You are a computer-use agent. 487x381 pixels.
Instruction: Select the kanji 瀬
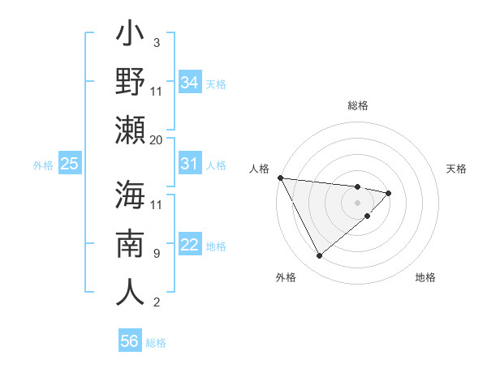tap(130, 131)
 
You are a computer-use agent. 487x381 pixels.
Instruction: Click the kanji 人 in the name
tap(130, 291)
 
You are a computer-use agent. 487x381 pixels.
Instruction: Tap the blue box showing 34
tap(190, 83)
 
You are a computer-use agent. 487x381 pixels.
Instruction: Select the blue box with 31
tap(190, 165)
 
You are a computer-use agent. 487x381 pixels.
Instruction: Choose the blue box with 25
tap(70, 165)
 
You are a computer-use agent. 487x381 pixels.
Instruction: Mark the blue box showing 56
tap(130, 342)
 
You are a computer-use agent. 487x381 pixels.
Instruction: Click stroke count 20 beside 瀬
tap(157, 139)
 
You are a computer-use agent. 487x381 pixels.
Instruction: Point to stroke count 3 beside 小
tap(157, 42)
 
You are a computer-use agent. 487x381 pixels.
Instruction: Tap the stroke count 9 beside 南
tap(157, 253)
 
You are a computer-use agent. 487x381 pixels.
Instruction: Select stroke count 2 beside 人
tap(157, 302)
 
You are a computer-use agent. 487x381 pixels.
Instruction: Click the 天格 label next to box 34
tap(215, 83)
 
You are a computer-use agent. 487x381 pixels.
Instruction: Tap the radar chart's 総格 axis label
tap(358, 105)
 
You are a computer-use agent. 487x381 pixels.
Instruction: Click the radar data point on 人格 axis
tap(280, 178)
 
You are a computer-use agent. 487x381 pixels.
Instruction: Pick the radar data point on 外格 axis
tap(319, 256)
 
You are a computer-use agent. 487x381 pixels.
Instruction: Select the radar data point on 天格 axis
tap(389, 193)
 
